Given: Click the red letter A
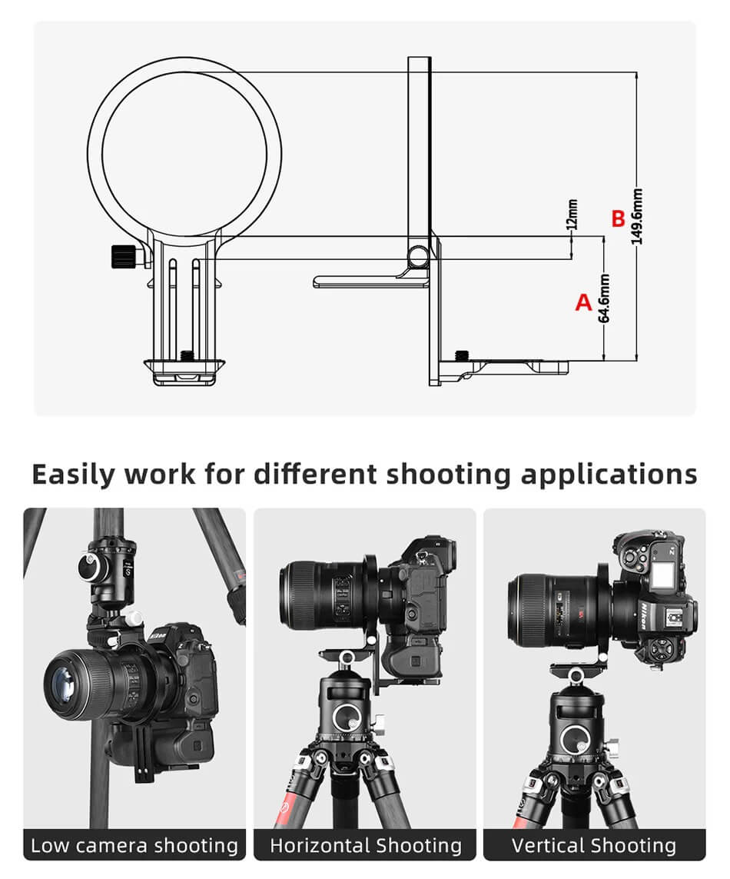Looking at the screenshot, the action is (583, 302).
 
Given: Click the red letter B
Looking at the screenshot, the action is (618, 218).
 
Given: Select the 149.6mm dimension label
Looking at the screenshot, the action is (637, 216).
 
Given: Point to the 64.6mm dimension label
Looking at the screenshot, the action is (604, 298).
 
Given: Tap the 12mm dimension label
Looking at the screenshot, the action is (572, 214).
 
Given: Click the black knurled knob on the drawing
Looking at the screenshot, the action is (121, 257).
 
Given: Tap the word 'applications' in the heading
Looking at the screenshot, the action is (609, 474).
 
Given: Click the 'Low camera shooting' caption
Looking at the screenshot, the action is (134, 845).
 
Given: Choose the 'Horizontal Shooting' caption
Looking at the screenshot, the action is (366, 845).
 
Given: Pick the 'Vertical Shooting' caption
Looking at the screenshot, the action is (594, 845).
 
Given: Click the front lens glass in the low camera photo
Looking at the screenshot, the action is (63, 684).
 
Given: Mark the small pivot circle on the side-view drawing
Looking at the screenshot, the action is (417, 257).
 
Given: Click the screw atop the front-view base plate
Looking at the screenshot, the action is (185, 355).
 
